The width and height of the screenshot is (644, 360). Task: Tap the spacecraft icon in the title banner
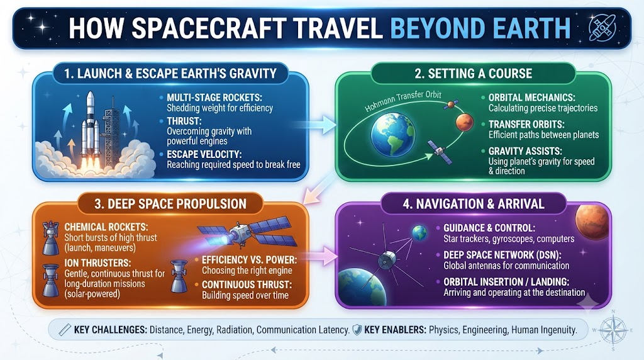click(602, 28)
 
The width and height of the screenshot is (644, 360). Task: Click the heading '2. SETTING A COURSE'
click(473, 74)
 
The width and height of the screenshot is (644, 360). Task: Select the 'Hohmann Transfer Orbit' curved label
click(403, 101)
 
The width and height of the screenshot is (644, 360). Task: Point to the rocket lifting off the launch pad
click(90, 127)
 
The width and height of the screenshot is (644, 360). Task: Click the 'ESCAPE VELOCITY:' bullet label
click(204, 155)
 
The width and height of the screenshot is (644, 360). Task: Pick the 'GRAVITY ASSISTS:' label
click(525, 151)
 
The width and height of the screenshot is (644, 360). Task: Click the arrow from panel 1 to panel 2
click(317, 125)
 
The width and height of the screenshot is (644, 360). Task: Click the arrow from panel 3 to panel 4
click(319, 256)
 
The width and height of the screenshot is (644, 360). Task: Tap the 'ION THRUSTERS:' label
click(97, 262)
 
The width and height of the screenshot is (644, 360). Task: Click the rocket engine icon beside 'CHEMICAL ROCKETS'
click(51, 238)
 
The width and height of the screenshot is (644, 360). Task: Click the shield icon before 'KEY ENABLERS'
click(357, 330)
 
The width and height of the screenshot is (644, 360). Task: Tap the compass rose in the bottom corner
click(613, 330)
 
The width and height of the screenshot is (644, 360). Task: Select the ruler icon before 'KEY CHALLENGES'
click(65, 330)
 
